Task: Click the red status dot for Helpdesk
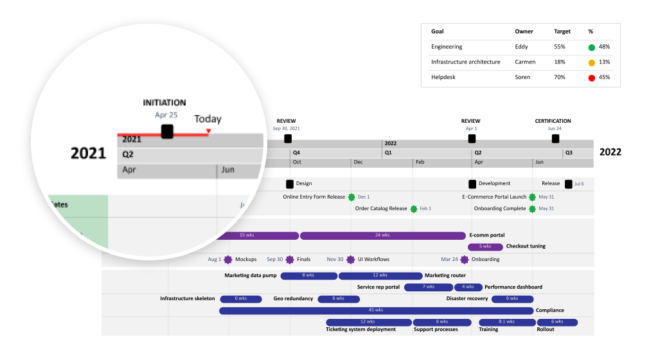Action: [591, 78]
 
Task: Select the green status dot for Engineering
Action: [591, 47]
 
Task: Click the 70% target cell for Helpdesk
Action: [560, 78]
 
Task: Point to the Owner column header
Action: [524, 32]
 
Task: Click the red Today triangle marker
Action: [208, 132]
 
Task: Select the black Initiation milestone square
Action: [167, 132]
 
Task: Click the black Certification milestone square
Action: [555, 139]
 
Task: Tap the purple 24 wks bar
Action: [382, 235]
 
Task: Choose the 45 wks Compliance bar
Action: [377, 310]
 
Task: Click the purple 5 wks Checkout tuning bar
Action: [485, 247]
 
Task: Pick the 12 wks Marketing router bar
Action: [380, 276]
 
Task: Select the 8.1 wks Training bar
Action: [506, 322]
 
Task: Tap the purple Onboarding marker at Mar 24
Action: [464, 260]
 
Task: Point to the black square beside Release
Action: [568, 184]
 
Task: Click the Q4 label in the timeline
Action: [296, 153]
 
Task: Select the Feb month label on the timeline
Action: [420, 163]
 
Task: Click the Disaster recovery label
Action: [467, 298]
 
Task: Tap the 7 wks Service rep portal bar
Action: [428, 287]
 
